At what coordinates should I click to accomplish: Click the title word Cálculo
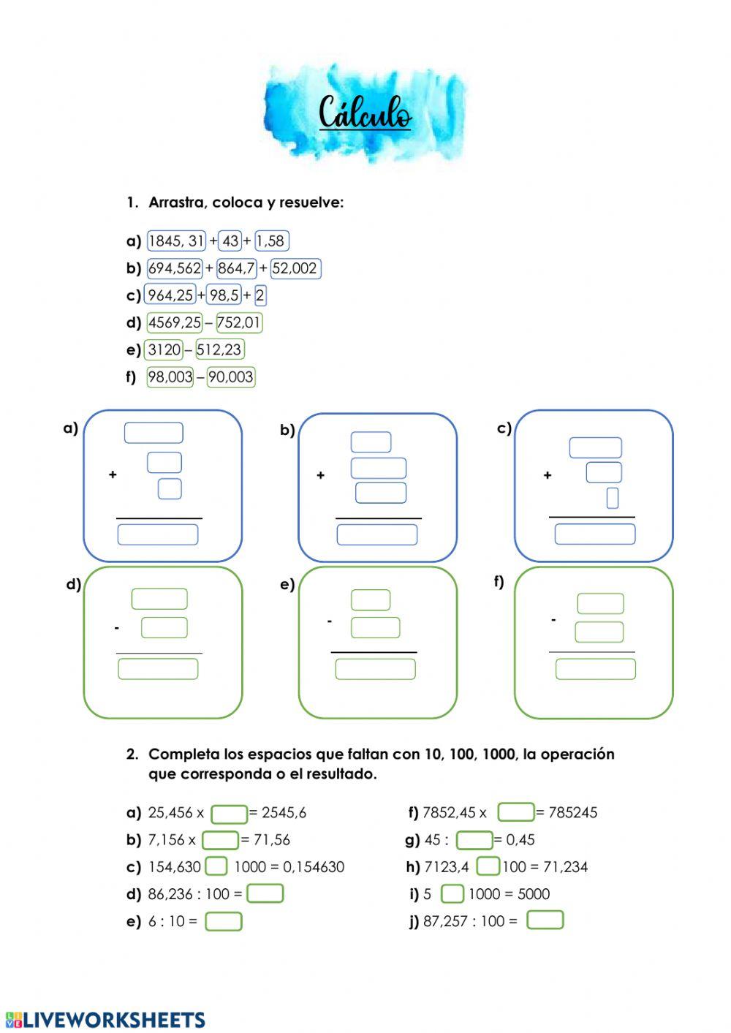(x=365, y=113)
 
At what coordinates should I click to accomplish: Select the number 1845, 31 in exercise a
(x=176, y=241)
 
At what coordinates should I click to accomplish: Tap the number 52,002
(x=295, y=268)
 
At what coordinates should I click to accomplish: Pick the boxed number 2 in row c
(x=260, y=295)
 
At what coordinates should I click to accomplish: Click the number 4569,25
(x=174, y=322)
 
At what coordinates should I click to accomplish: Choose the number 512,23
(x=219, y=349)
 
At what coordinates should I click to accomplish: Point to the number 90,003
(x=231, y=377)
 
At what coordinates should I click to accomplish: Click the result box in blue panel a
(x=158, y=534)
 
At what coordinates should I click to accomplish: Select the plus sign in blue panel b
(x=320, y=475)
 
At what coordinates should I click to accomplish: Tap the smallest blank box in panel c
(x=613, y=498)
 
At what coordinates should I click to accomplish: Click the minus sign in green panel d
(x=116, y=628)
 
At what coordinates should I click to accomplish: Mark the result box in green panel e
(x=376, y=669)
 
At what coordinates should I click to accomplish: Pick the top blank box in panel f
(x=600, y=603)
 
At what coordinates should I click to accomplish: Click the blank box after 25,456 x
(x=230, y=814)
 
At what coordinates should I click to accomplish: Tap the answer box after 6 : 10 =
(x=224, y=921)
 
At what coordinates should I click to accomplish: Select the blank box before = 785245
(x=516, y=812)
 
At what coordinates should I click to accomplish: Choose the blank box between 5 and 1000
(x=452, y=893)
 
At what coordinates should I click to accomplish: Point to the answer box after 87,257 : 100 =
(x=545, y=920)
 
